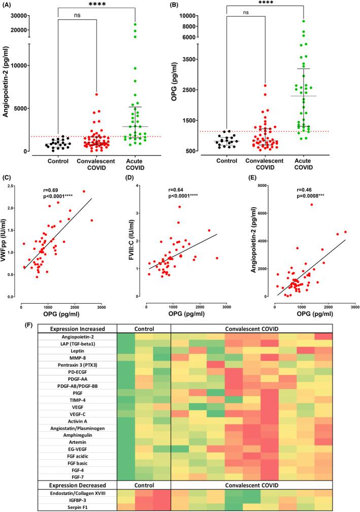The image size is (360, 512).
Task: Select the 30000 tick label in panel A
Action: [18, 15]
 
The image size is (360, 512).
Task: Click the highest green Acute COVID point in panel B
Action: [303, 21]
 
